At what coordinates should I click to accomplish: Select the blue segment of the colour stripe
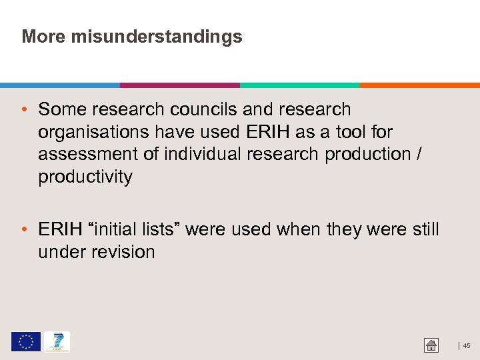coord(60,85)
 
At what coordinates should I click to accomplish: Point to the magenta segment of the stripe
coord(180,85)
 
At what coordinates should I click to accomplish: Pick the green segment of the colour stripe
coord(300,85)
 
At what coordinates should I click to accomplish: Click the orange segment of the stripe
coord(420,85)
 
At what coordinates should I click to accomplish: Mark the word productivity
coord(85,177)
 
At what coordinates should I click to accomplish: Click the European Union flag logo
coord(25,342)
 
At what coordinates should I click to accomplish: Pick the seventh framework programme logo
coord(57,342)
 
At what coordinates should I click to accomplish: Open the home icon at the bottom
coord(431,345)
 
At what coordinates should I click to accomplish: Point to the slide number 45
coord(467,345)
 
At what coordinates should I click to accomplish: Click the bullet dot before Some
coord(24,110)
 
